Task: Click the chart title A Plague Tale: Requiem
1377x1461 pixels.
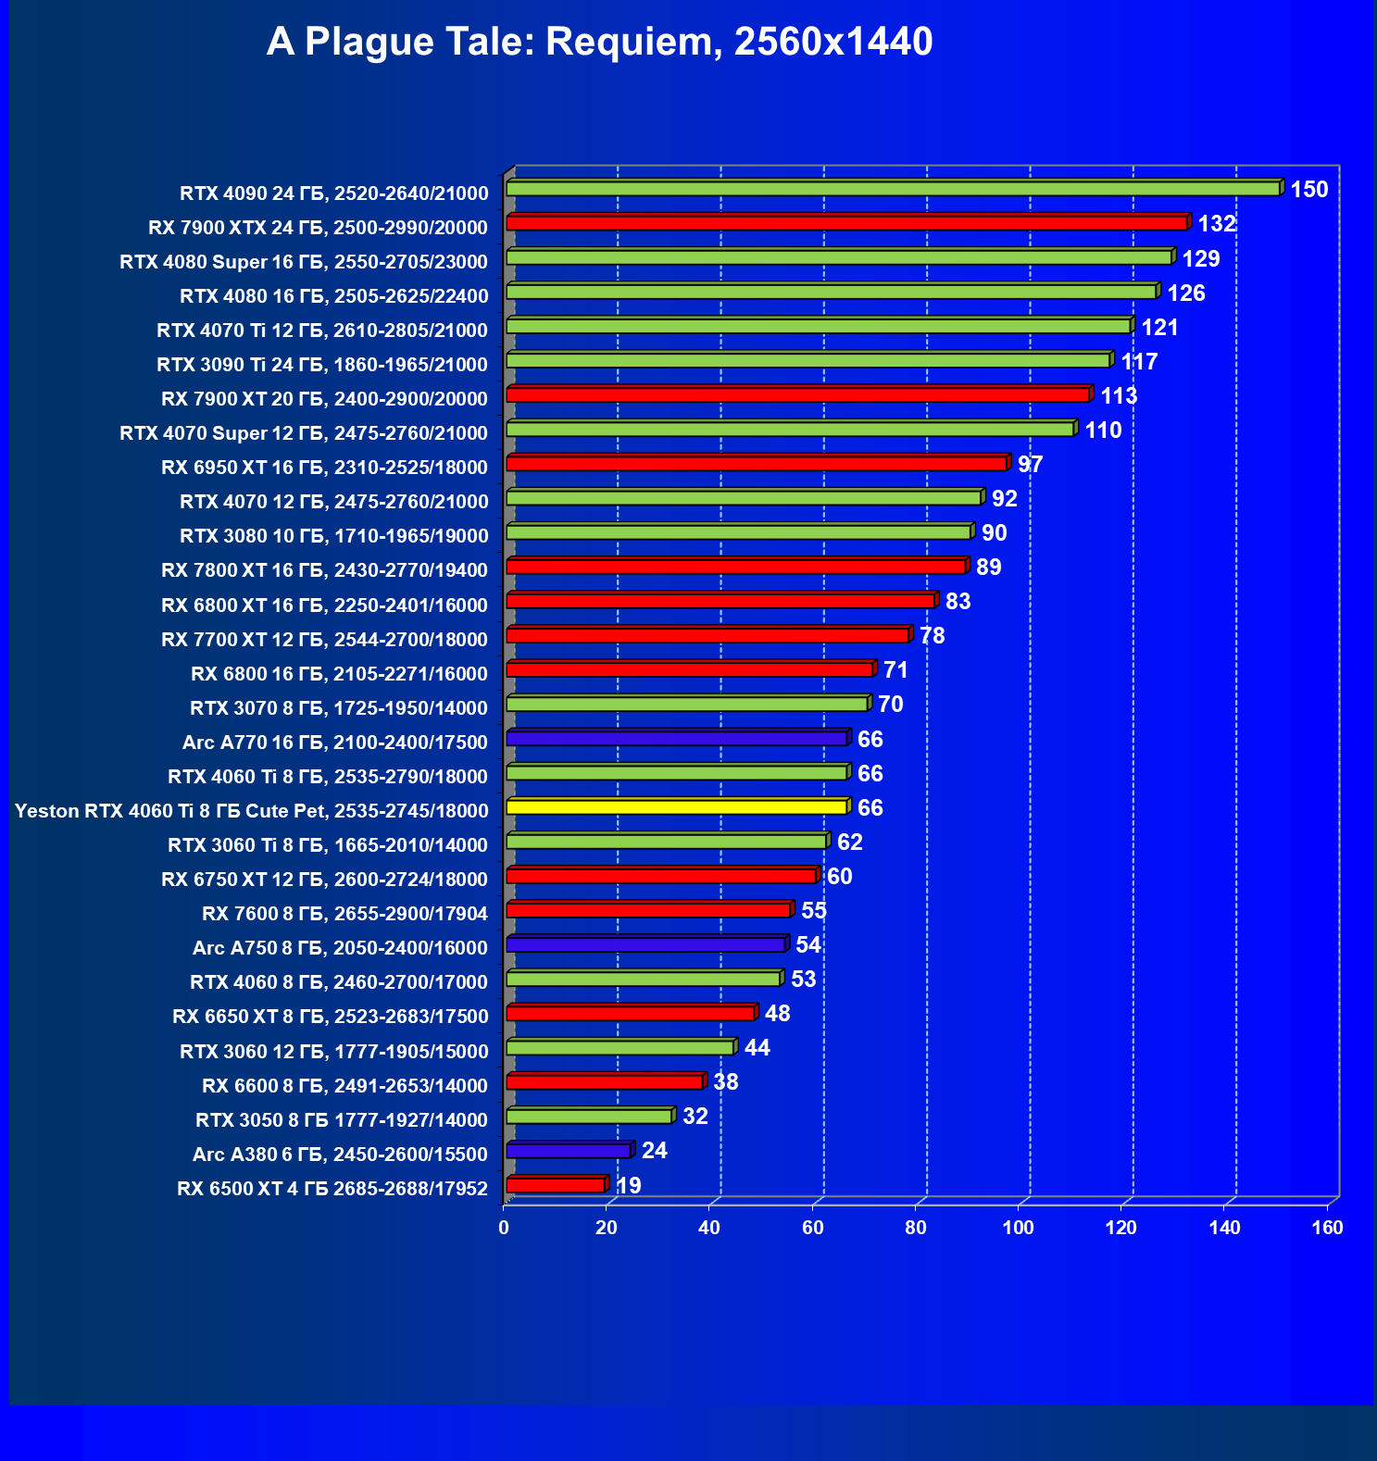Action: [599, 43]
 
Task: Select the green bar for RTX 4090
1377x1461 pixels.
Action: [893, 189]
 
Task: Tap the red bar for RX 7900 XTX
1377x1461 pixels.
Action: [846, 223]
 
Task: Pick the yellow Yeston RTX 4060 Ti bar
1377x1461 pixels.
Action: [676, 807]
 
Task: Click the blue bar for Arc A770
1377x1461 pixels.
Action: [676, 739]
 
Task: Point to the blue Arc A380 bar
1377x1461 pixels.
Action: [569, 1151]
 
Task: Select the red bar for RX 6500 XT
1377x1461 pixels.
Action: [556, 1185]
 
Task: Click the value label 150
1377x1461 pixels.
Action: [1309, 190]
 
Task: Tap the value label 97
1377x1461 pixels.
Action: [1030, 465]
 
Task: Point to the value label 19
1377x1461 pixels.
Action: [629, 1186]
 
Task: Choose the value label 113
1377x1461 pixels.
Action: [1119, 396]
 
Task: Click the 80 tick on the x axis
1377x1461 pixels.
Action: [916, 1228]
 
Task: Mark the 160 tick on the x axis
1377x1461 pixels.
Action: [1328, 1228]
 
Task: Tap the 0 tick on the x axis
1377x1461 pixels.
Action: [504, 1228]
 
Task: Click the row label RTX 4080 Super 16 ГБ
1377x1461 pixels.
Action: [304, 262]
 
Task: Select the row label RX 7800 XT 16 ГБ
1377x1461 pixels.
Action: [324, 570]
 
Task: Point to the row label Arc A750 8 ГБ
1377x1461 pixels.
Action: [340, 948]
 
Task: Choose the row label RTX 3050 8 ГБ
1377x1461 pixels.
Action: [341, 1120]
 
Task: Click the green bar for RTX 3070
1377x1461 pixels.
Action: [687, 705]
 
